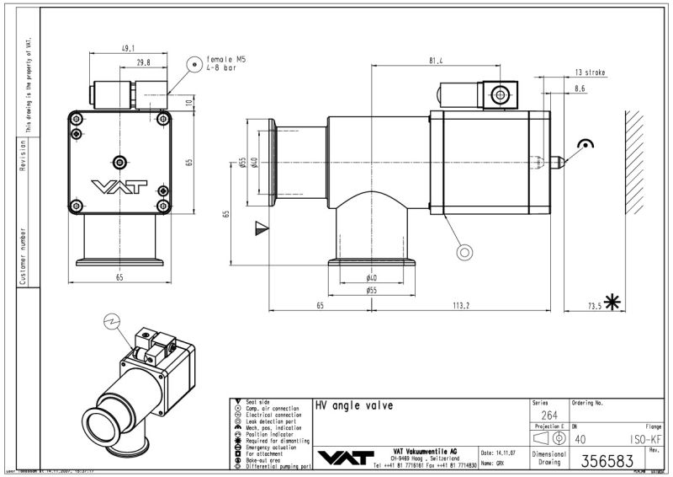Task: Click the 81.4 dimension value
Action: point(435,61)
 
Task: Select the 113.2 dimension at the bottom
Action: point(460,305)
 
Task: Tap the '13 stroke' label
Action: point(590,72)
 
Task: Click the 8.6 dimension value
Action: point(580,88)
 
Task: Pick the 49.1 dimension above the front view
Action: point(129,48)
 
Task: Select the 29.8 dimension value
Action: point(144,62)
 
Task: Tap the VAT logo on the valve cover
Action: point(119,186)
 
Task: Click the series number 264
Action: point(548,415)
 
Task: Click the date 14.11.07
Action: point(502,453)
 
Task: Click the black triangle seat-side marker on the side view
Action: point(261,226)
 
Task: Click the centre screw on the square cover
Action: point(119,161)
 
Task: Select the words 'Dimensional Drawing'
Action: point(548,458)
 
